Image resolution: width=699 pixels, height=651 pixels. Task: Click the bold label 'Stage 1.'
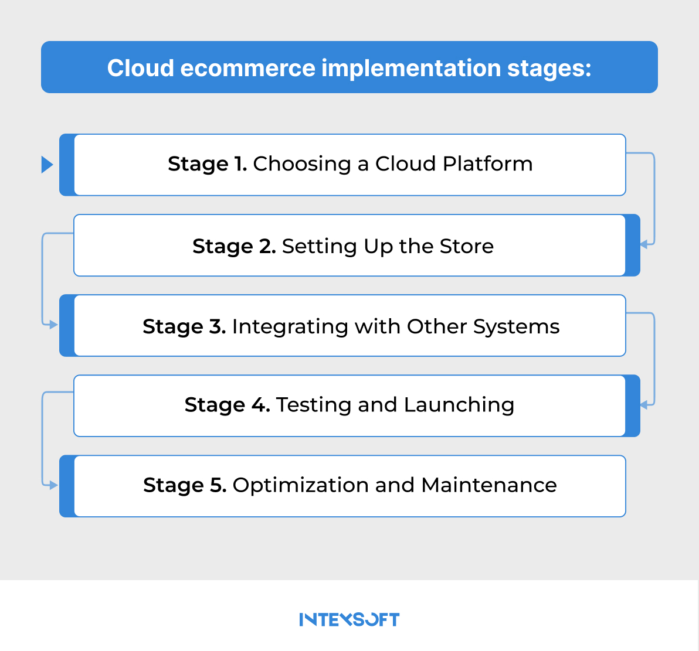tap(207, 163)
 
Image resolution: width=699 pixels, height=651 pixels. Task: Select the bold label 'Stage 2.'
tap(234, 246)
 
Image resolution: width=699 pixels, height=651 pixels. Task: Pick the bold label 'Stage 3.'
tap(184, 326)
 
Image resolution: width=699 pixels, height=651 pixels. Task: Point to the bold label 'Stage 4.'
tap(227, 405)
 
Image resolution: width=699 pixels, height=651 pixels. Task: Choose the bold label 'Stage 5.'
tap(185, 485)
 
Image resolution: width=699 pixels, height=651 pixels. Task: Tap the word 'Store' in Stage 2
tap(467, 246)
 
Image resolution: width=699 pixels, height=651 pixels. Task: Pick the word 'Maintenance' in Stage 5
tap(488, 485)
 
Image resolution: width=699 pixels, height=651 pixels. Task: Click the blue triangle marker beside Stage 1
tap(47, 165)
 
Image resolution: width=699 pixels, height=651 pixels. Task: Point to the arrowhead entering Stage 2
tap(644, 244)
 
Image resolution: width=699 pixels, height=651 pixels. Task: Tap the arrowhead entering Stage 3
tap(54, 325)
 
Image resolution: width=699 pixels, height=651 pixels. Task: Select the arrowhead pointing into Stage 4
tap(644, 404)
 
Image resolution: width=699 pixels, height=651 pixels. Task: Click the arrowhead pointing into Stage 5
tap(54, 485)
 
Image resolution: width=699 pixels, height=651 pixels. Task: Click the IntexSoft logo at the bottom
tap(349, 619)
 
